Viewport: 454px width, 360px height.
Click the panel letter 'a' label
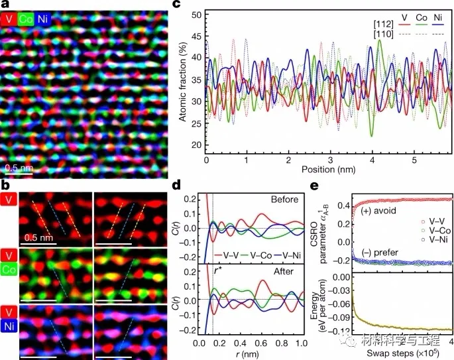point(5,4)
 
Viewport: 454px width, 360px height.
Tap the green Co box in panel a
point(25,20)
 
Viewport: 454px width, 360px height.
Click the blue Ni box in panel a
point(42,20)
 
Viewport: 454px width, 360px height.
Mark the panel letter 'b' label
point(5,184)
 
